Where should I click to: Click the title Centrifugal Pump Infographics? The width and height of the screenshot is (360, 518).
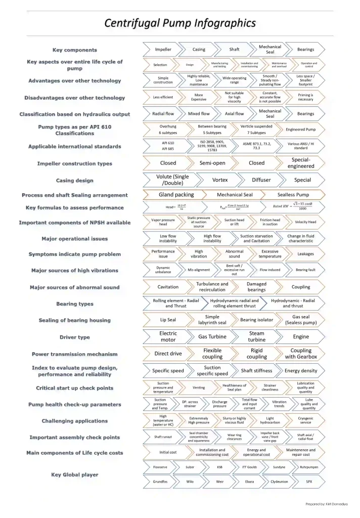coord(180,23)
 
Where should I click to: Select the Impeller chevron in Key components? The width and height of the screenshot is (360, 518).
coord(163,50)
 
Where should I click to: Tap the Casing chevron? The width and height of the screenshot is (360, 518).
coord(199,50)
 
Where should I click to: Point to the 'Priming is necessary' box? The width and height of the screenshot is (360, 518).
coord(305,97)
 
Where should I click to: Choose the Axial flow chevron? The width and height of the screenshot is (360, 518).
coord(234,114)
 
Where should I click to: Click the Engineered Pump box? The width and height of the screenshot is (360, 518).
coord(300,129)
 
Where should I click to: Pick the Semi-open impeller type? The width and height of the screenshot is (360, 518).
coord(212,163)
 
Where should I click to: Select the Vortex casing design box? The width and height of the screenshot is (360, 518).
coord(220,180)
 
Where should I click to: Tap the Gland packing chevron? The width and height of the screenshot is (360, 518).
coord(176,195)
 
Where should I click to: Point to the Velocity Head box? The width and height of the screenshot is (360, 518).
coord(305,222)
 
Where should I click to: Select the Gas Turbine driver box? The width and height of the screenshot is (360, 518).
coord(212,337)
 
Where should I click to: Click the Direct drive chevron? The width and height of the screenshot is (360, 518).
coord(168,354)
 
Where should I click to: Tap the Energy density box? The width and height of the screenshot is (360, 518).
coord(300,371)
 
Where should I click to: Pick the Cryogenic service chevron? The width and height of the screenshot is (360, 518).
coord(305,421)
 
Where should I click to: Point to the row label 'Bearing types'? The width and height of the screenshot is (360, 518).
coord(75,304)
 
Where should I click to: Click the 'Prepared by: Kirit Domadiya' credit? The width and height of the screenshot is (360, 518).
coord(327,504)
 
